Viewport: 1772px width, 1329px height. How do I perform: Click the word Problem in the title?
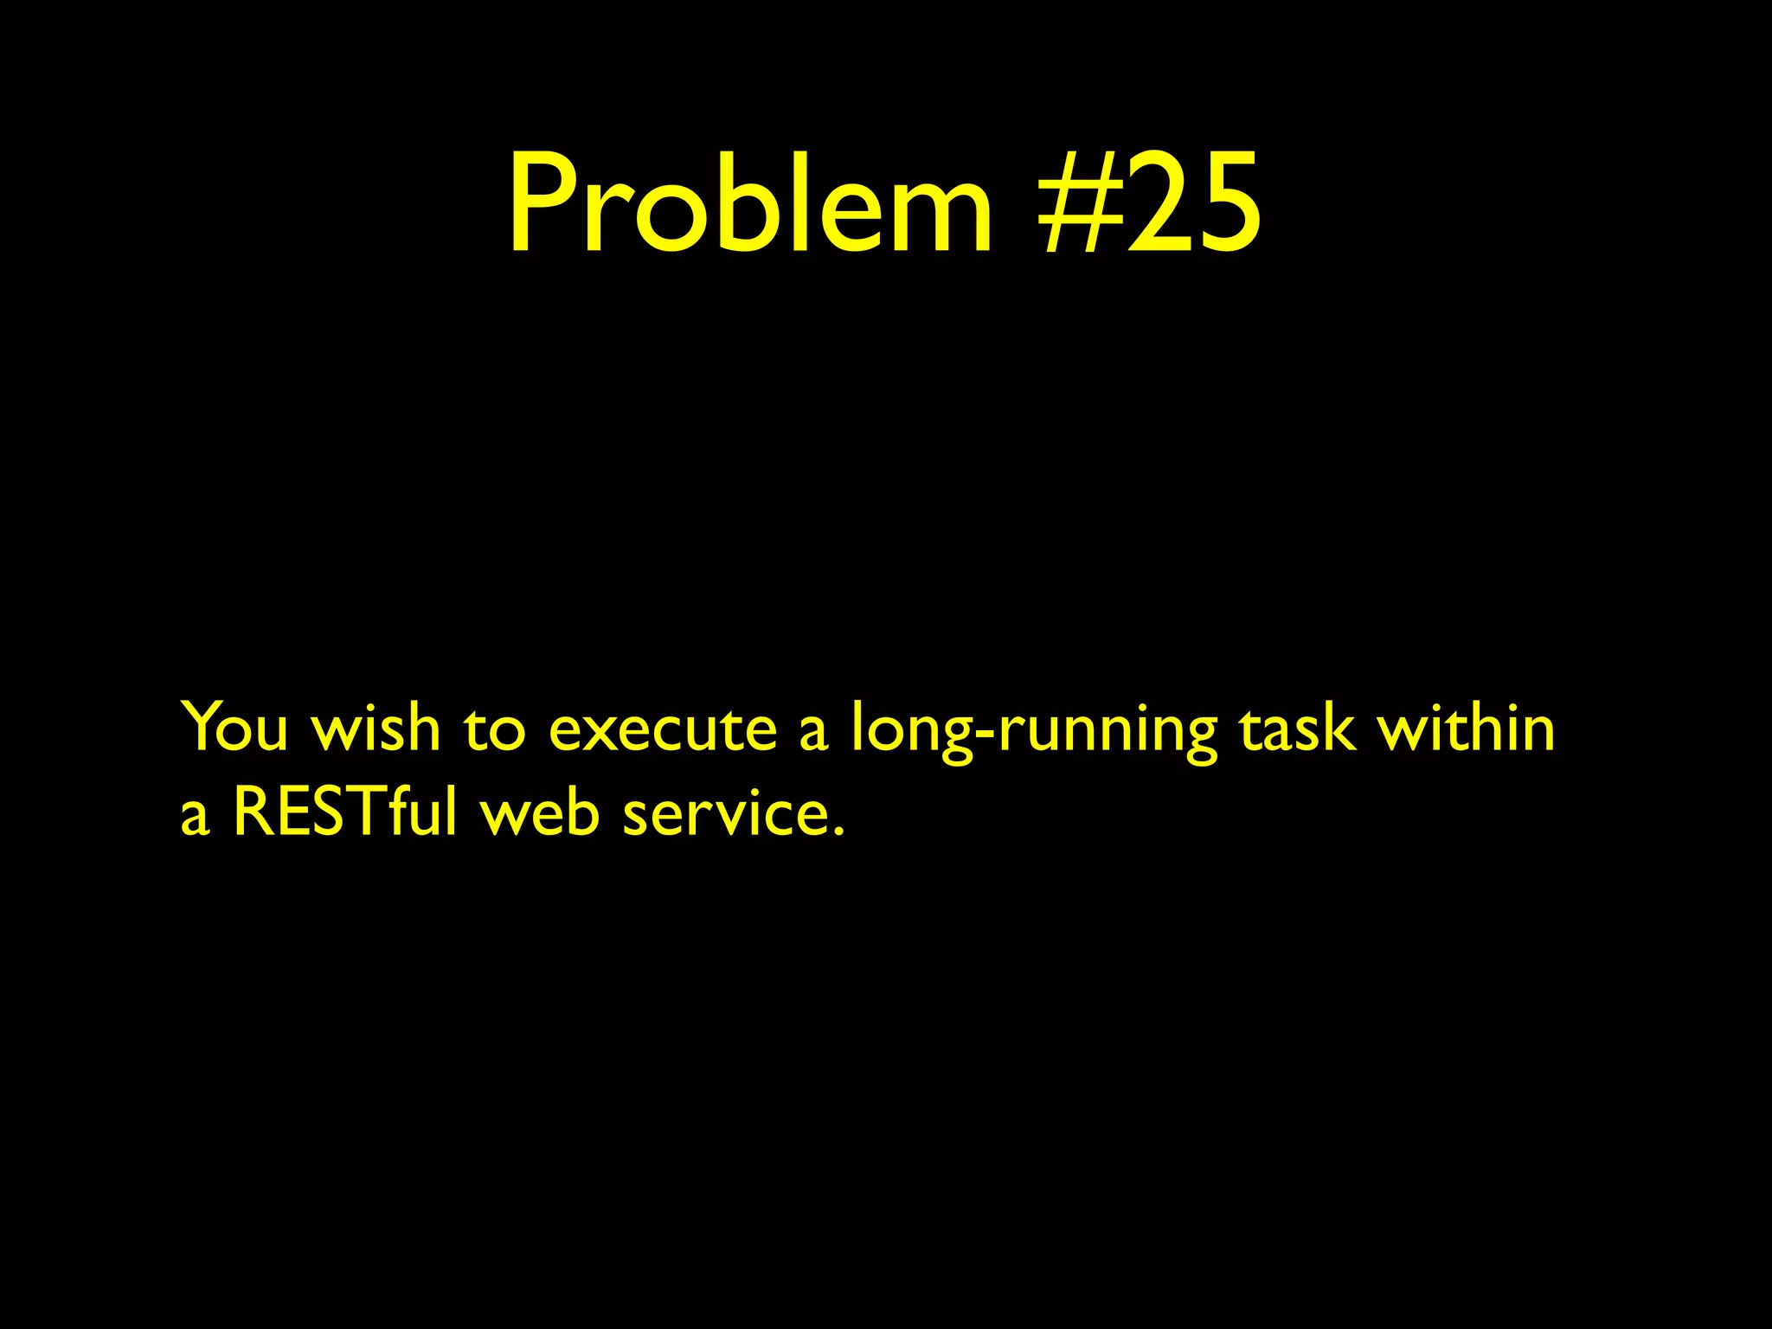pos(750,203)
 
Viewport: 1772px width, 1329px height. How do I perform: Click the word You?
pos(234,729)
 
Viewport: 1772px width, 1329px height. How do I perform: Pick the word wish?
pos(376,729)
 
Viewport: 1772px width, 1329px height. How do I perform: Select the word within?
pos(1466,729)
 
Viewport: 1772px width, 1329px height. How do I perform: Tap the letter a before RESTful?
pos(195,818)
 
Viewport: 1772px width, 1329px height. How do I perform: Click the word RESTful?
pos(344,813)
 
